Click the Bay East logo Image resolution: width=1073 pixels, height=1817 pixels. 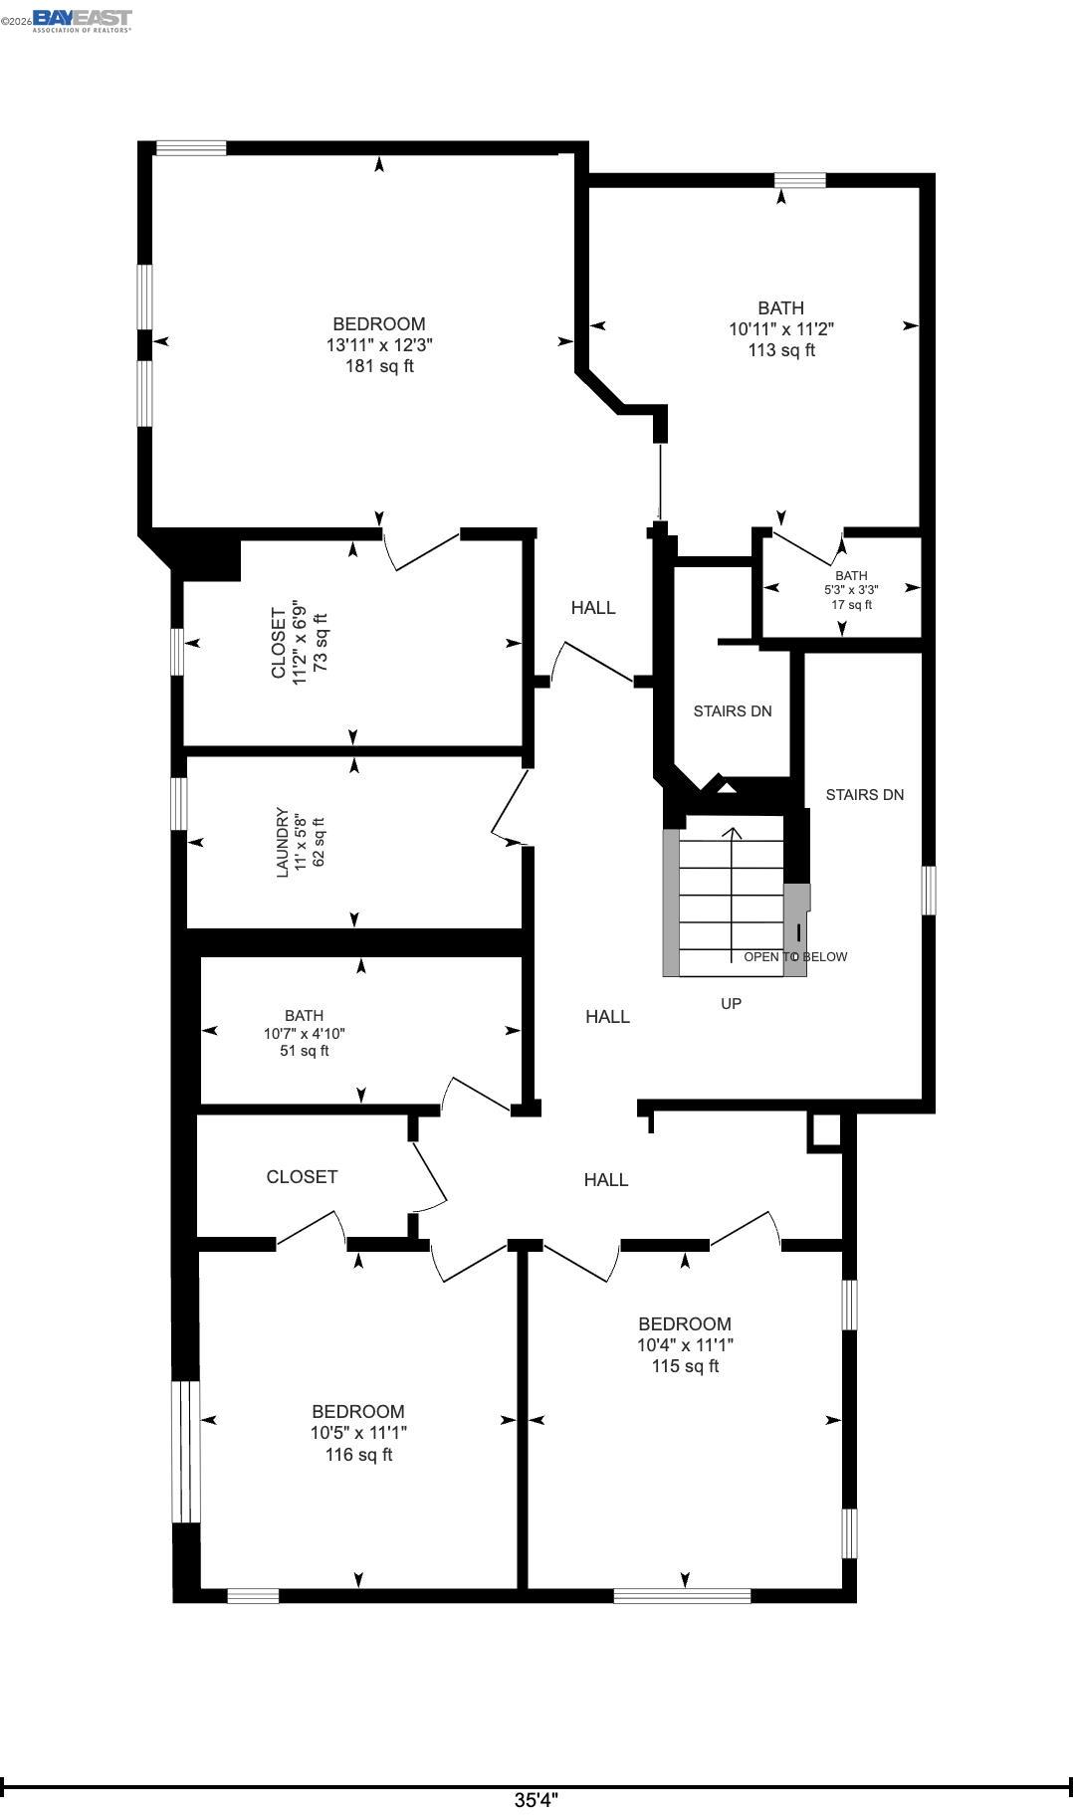(x=82, y=20)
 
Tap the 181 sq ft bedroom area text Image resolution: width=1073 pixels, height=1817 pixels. (x=379, y=366)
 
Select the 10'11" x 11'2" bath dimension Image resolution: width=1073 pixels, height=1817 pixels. (x=780, y=329)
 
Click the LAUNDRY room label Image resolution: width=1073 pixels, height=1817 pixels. (x=282, y=842)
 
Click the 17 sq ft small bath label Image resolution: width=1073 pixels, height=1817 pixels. (x=851, y=605)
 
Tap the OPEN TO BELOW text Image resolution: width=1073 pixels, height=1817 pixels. (x=795, y=957)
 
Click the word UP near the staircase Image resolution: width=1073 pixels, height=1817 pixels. (x=731, y=1004)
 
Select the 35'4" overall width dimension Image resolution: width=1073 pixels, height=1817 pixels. (x=536, y=1800)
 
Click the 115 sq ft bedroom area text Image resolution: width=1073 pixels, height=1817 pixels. (x=685, y=1366)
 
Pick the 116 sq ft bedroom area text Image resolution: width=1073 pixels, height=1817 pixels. (x=358, y=1455)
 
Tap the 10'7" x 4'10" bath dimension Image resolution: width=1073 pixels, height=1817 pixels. (x=304, y=1034)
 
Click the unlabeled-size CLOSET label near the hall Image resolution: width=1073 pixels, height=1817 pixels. (x=302, y=1177)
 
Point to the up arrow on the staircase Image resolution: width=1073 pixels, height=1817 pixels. (x=733, y=834)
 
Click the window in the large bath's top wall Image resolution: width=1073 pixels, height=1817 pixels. (x=800, y=180)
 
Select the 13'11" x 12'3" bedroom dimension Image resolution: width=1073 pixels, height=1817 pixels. (x=379, y=345)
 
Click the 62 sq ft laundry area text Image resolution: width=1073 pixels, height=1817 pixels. (x=320, y=842)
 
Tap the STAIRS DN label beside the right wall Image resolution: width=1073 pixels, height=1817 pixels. (x=865, y=795)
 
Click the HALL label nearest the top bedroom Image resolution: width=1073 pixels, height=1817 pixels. (x=593, y=608)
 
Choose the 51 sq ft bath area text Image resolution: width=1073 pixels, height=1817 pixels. (x=304, y=1051)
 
